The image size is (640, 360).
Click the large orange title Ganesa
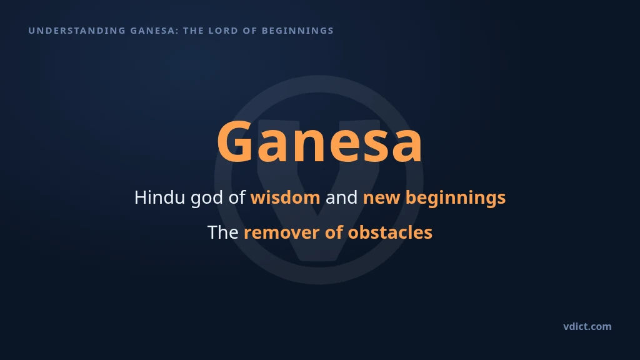(x=319, y=142)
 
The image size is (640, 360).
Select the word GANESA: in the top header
(x=154, y=31)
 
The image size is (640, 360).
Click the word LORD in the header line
(x=223, y=31)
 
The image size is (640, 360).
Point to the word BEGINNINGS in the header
(x=297, y=31)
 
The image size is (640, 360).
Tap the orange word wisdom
(x=285, y=197)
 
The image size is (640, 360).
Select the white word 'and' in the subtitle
(x=341, y=197)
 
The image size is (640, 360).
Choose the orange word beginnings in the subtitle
(x=456, y=199)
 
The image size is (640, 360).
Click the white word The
(x=223, y=232)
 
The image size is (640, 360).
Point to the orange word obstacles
(x=390, y=232)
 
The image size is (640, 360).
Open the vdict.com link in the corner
(x=587, y=326)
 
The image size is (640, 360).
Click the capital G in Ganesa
(x=234, y=142)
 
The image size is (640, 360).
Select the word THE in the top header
(x=194, y=31)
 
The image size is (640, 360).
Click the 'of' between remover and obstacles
(x=334, y=232)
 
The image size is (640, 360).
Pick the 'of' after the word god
(x=237, y=197)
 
